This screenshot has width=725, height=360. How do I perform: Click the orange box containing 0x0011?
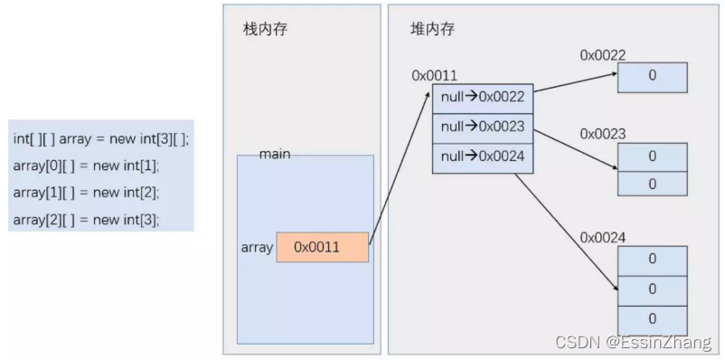pos(322,248)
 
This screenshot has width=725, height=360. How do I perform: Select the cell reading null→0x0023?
pos(483,128)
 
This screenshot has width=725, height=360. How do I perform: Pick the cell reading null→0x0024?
pos(483,157)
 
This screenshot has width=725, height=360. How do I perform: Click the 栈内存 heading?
pos(265,29)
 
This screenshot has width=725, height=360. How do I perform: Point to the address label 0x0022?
pos(603,55)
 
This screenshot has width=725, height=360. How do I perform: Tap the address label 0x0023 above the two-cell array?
pos(603,134)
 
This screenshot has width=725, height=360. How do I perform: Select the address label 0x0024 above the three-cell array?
pos(603,237)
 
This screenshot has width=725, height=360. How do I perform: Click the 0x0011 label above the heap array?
pos(435,76)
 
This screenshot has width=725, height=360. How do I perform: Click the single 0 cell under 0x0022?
pos(652,77)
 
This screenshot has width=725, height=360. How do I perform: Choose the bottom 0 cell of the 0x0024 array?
pos(652,318)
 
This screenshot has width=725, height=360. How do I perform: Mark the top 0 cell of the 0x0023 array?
pos(652,156)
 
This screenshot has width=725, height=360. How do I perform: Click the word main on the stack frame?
pos(274,155)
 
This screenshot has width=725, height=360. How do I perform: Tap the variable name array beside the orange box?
pos(257,248)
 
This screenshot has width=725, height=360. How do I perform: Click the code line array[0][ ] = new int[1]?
pos(86,166)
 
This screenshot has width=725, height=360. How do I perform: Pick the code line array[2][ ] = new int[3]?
pos(86,219)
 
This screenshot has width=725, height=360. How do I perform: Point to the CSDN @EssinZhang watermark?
pos(633,343)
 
